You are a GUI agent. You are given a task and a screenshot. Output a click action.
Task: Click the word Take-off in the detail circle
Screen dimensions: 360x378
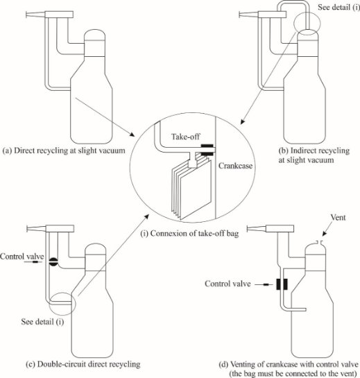pos(185,137)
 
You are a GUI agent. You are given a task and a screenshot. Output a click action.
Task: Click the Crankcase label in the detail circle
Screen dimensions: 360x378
pos(235,166)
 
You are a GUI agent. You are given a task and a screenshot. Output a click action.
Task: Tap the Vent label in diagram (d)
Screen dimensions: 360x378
pos(338,218)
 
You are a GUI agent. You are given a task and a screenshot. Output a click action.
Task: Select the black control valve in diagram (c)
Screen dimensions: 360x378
pos(53,261)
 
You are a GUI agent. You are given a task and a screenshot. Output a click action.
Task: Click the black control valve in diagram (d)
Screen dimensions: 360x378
pos(282,284)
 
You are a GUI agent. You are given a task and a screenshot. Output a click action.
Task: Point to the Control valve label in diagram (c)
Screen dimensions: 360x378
pos(22,256)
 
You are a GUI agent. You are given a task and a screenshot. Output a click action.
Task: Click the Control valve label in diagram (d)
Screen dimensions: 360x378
pos(228,284)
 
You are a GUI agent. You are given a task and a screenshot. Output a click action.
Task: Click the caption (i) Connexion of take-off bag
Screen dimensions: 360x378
pos(189,234)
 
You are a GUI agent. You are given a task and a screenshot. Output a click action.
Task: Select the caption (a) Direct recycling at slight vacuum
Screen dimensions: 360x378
pos(64,151)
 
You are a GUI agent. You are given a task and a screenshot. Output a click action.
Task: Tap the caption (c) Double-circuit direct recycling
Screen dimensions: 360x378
pos(83,364)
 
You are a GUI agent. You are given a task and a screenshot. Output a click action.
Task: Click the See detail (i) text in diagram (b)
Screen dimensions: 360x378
pos(338,7)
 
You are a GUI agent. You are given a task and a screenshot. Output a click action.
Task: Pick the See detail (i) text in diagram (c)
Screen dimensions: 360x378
pos(42,322)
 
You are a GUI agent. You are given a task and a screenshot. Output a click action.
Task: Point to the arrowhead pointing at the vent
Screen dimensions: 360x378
pos(325,233)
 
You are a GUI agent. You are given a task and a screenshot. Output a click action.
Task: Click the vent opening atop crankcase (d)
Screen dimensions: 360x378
pos(320,242)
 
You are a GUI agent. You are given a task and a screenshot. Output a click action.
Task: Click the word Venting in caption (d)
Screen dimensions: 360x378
pos(243,364)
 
